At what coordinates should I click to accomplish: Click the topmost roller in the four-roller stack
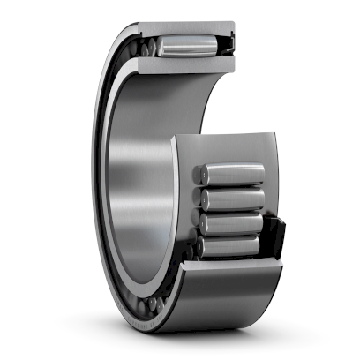[x=233, y=174]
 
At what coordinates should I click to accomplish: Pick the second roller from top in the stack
[x=235, y=199]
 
